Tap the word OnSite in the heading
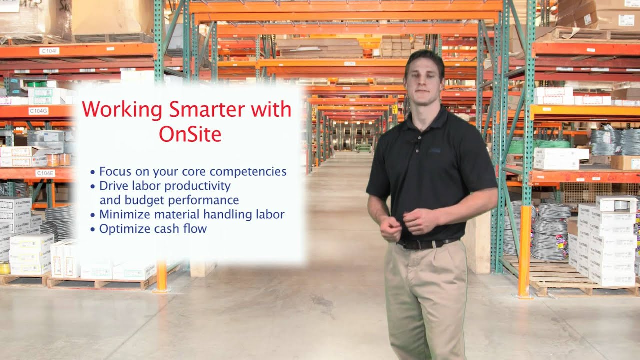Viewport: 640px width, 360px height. [190, 133]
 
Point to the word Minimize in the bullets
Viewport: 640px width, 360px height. [122, 215]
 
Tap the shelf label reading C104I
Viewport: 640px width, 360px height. [49, 51]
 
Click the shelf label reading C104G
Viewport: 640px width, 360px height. [38, 111]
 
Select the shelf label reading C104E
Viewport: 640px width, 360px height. [45, 173]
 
